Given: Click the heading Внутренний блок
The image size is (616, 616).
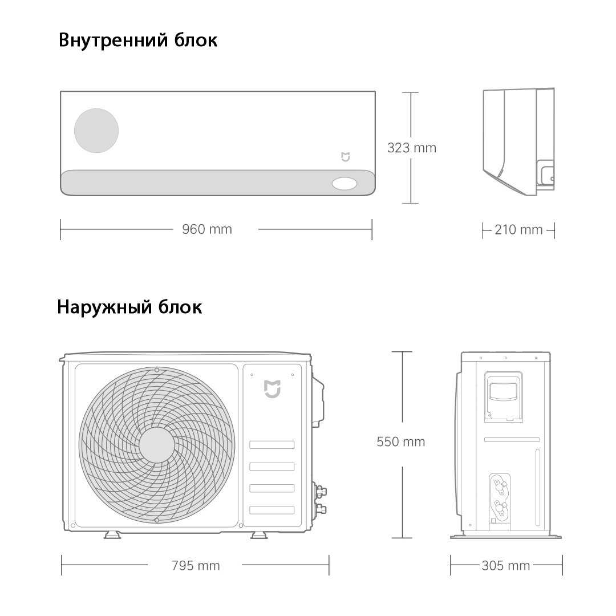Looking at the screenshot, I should pyautogui.click(x=137, y=40).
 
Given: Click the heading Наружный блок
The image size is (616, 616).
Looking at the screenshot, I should pyautogui.click(x=129, y=307).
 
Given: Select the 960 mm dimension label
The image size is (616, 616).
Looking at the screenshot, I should pyautogui.click(x=207, y=229).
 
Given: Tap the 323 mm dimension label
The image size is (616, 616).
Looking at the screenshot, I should pyautogui.click(x=412, y=148).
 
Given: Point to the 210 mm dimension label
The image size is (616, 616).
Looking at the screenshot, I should pyautogui.click(x=518, y=230).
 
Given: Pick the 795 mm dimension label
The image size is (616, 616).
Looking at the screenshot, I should pyautogui.click(x=196, y=566).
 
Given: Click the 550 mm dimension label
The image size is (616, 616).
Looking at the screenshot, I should pyautogui.click(x=401, y=441).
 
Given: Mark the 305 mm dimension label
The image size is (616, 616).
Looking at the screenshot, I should pyautogui.click(x=506, y=566).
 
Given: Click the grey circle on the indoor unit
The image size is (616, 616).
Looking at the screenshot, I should pyautogui.click(x=96, y=131).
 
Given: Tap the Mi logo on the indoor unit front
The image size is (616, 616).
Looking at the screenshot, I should pyautogui.click(x=345, y=157).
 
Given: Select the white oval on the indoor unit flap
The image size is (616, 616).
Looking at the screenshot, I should pyautogui.click(x=345, y=184).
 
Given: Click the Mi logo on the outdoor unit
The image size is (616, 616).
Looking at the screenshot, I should pyautogui.click(x=272, y=389).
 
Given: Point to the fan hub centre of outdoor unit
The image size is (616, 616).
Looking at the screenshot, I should pyautogui.click(x=157, y=444).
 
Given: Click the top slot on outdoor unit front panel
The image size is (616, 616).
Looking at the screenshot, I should pyautogui.click(x=272, y=445).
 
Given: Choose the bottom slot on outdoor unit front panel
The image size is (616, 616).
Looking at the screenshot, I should pyautogui.click(x=272, y=510).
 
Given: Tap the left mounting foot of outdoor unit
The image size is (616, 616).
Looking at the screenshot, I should pyautogui.click(x=112, y=534).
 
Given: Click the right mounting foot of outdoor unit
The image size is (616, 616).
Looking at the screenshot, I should pyautogui.click(x=259, y=534).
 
